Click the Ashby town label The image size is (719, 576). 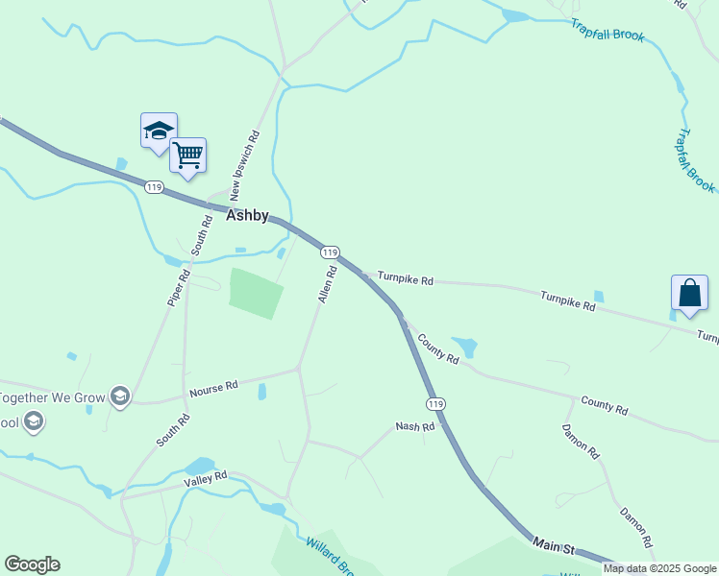click(x=247, y=216)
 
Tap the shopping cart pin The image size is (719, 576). click(x=187, y=154)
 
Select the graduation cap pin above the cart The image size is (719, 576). click(x=158, y=131)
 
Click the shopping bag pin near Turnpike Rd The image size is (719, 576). click(x=690, y=293)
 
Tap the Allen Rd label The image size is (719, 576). click(x=328, y=285)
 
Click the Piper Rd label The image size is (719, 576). click(x=179, y=287)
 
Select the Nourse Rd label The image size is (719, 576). click(x=213, y=389)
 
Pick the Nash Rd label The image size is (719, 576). click(x=415, y=426)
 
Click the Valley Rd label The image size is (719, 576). click(x=207, y=477)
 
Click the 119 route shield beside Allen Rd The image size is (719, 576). click(x=330, y=252)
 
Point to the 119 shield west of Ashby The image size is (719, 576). click(x=154, y=186)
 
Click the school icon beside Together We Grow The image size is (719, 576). click(x=119, y=396)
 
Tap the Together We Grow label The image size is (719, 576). click(x=51, y=396)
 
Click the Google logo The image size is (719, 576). click(x=32, y=564)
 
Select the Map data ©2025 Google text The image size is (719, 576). click(x=660, y=568)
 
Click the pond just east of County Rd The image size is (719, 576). click(x=465, y=346)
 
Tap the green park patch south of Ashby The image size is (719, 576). click(x=256, y=292)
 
